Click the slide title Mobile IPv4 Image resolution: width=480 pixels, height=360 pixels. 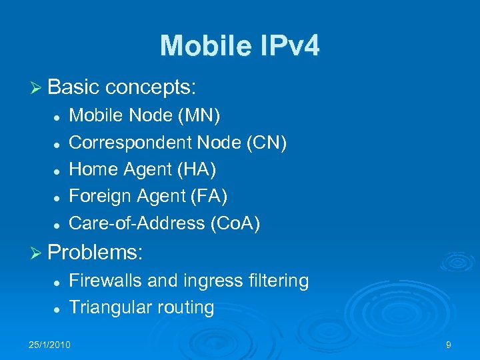point(239,46)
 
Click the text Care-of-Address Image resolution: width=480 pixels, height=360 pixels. point(137,223)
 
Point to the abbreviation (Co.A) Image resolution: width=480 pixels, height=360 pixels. point(235,223)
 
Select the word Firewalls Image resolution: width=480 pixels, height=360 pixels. point(105,281)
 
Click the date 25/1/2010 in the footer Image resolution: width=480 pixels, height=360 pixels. point(50,345)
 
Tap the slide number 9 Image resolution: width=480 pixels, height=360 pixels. point(448,345)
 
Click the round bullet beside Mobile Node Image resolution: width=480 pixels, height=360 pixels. point(58,117)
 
